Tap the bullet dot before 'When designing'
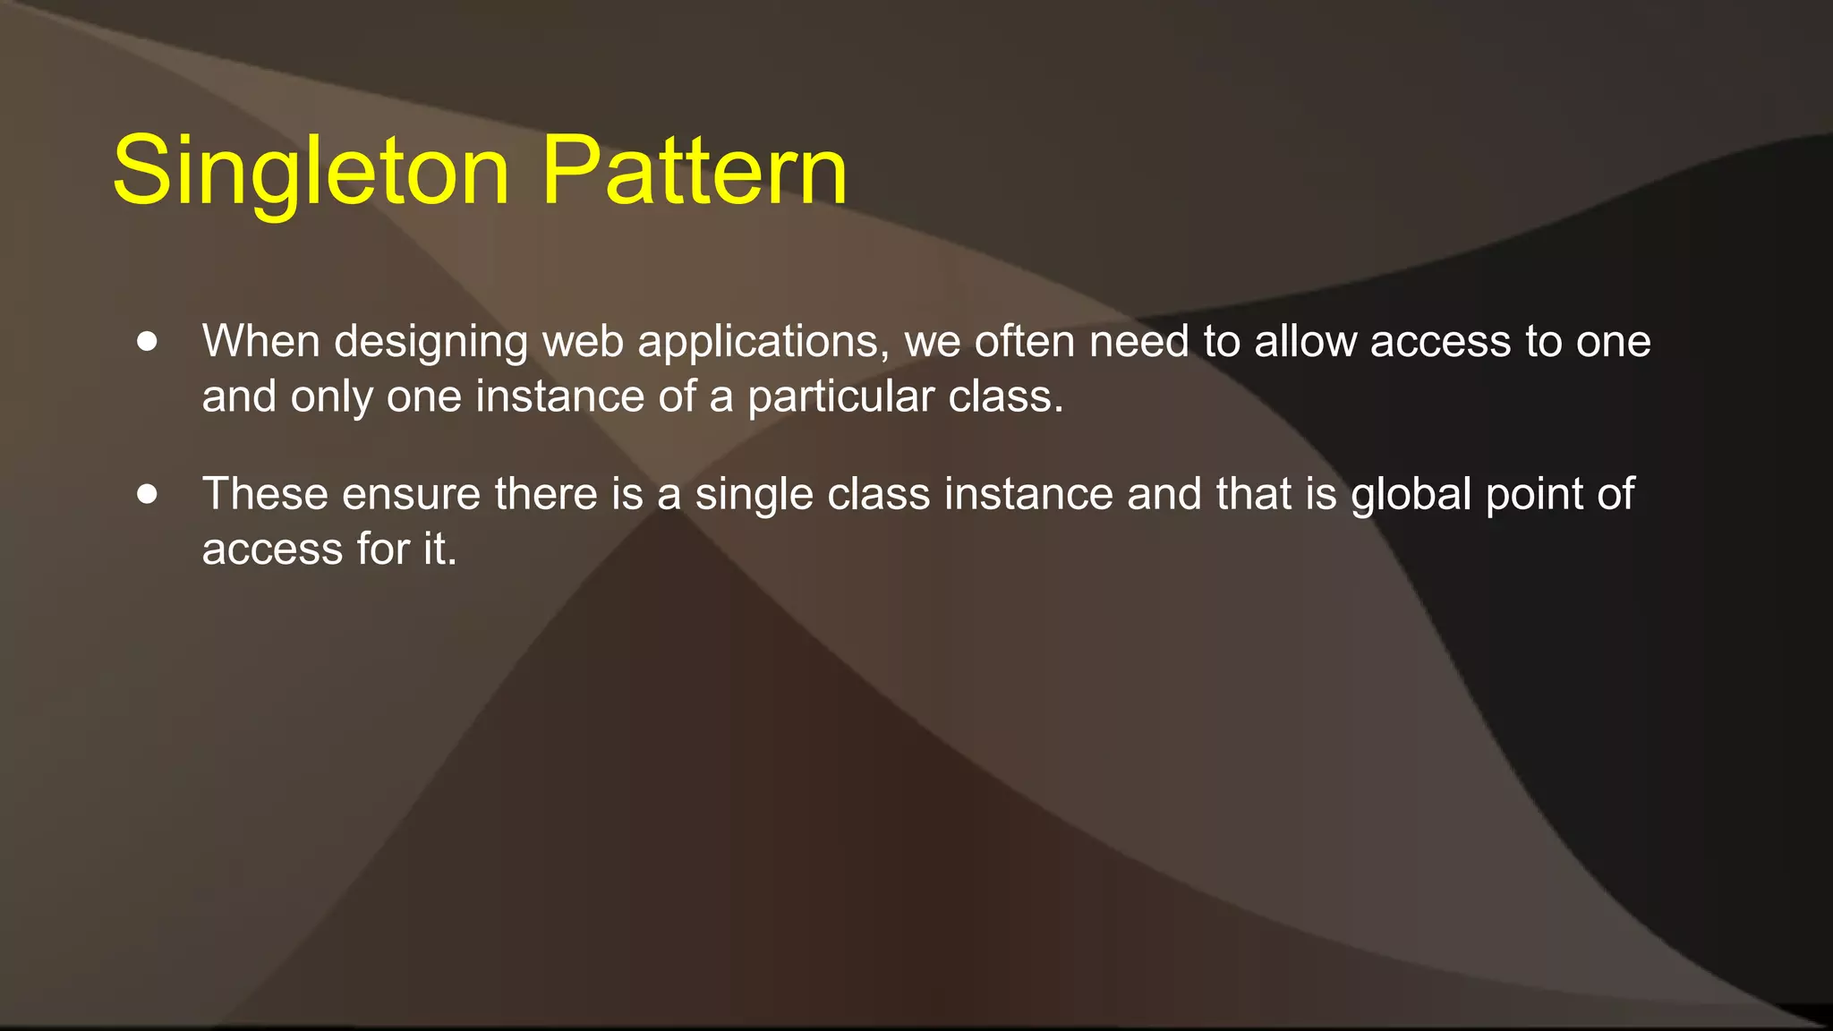[x=148, y=341]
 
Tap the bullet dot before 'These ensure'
[x=148, y=494]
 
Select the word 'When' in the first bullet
[x=260, y=341]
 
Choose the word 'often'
[x=1025, y=341]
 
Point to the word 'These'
[x=265, y=494]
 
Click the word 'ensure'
[x=412, y=494]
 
